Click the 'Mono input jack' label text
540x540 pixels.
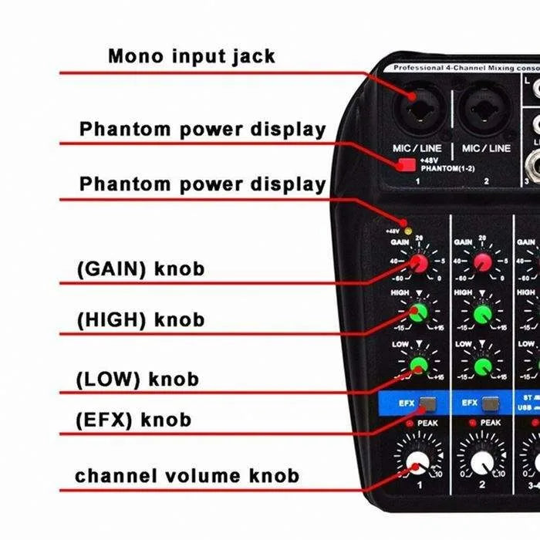191,56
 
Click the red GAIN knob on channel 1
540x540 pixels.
419,264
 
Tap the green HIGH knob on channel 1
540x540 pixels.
419,313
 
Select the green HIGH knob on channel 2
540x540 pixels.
483,313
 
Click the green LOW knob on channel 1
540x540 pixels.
419,365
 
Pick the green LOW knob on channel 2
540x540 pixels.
483,365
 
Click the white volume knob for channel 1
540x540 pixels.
417,464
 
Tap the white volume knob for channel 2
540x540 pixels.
481,464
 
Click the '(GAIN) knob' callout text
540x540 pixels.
141,269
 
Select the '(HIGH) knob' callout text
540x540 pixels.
141,319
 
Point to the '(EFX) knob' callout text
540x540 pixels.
133,420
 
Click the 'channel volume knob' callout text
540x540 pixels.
187,475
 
